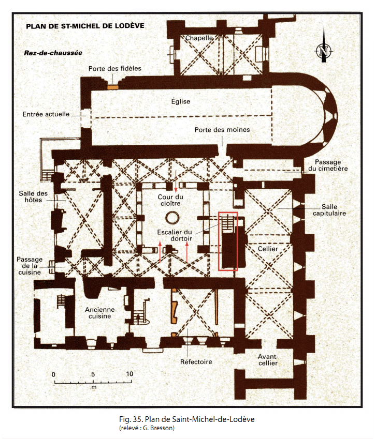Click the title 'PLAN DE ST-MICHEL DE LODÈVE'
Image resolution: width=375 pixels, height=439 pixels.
click(x=85, y=26)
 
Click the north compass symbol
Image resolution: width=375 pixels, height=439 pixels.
click(x=324, y=50)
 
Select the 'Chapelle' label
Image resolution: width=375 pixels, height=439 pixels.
click(x=199, y=38)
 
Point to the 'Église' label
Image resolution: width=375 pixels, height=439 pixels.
click(x=180, y=101)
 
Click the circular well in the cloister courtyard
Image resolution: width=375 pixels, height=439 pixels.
click(x=176, y=216)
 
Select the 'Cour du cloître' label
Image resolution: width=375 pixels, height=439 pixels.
click(x=171, y=201)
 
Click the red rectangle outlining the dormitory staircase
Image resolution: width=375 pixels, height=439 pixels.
click(x=228, y=240)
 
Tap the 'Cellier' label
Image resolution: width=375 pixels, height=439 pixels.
click(x=268, y=249)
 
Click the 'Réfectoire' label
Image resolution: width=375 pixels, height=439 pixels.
click(x=196, y=361)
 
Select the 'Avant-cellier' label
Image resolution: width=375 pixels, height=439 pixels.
click(x=268, y=360)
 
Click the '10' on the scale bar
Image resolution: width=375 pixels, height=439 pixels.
click(x=129, y=374)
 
